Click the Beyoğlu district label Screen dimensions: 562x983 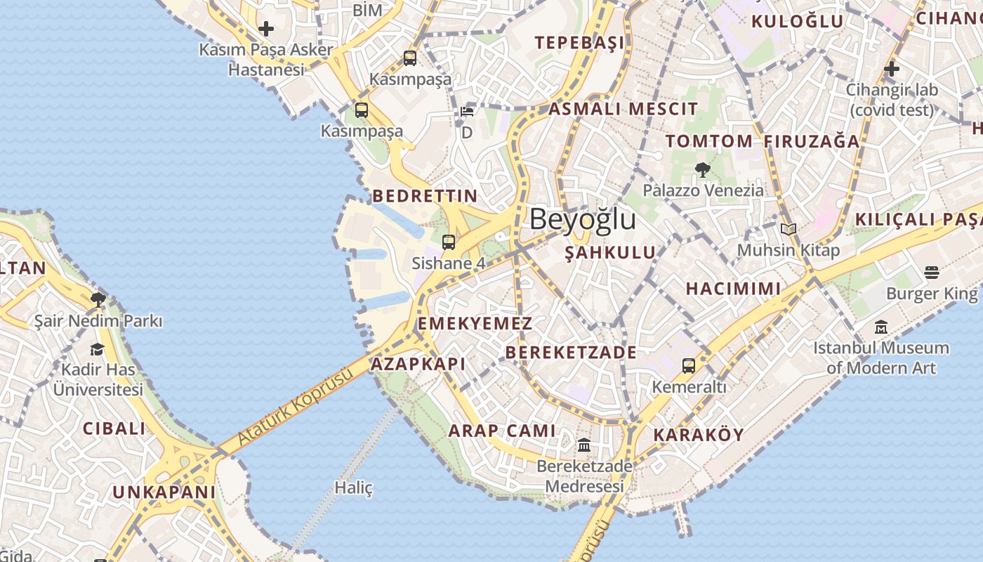[x=583, y=219]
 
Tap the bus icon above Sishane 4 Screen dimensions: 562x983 [x=449, y=242]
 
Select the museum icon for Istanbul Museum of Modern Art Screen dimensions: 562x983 [x=881, y=327]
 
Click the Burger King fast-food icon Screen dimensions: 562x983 [x=932, y=272]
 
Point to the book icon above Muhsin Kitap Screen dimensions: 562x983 [x=789, y=229]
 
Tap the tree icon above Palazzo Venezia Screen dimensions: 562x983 [x=701, y=169]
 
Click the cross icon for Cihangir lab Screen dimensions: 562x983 [x=892, y=69]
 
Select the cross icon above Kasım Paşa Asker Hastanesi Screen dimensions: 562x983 [x=266, y=29]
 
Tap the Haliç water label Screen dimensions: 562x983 [x=353, y=488]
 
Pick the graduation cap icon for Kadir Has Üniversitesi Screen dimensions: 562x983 [x=97, y=349]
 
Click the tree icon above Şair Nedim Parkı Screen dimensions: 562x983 [x=98, y=301]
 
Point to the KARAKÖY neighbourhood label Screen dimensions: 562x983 [x=698, y=435]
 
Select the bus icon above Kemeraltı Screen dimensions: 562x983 [x=689, y=366]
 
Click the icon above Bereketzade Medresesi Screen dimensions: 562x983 [x=583, y=445]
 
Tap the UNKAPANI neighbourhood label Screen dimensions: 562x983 [x=164, y=492]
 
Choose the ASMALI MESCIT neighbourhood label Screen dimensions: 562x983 [x=623, y=109]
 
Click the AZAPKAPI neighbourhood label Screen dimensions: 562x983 [x=418, y=364]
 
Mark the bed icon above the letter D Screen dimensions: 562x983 [x=467, y=111]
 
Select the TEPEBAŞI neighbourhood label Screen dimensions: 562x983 [x=579, y=43]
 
